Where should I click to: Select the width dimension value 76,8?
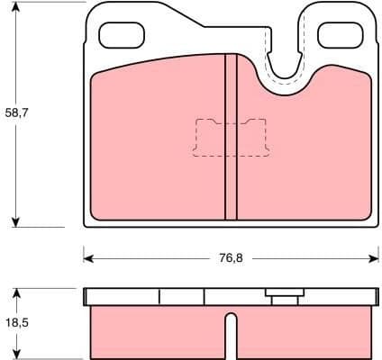point(231,257)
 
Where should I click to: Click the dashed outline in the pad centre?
point(231,137)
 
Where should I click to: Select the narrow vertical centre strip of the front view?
point(231,135)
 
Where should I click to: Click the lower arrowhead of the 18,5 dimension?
point(17,354)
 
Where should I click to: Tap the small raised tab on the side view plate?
point(282,292)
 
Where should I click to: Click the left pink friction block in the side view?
point(158,333)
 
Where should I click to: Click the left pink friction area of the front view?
point(158,144)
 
